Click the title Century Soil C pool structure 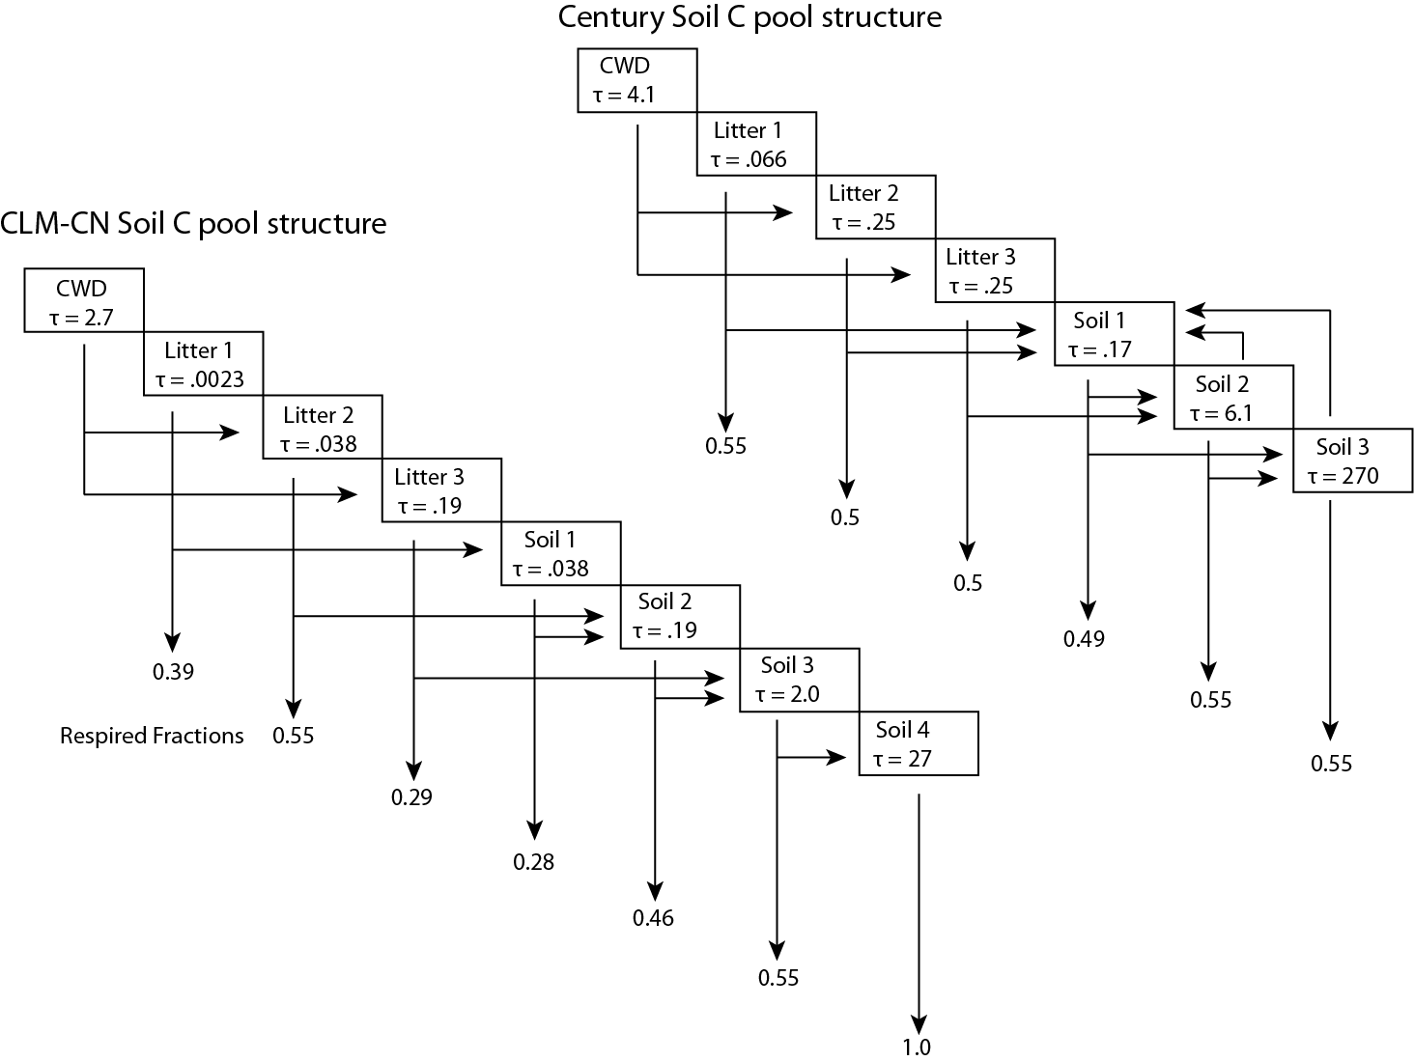click(749, 17)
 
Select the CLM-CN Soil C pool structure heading click(193, 223)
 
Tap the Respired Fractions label click(152, 736)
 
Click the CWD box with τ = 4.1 click(636, 80)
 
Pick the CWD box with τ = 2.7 click(84, 300)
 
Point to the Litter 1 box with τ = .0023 click(203, 364)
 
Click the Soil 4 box click(918, 743)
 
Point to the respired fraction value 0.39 click(173, 672)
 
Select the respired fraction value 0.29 click(411, 797)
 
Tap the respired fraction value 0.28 click(533, 861)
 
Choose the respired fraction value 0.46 click(653, 918)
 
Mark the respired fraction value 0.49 click(1084, 638)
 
